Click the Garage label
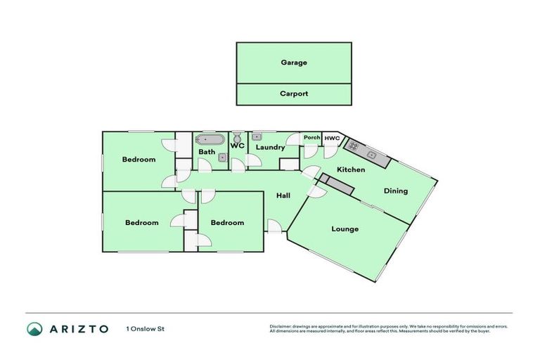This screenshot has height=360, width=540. click(x=294, y=63)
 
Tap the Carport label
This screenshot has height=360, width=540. click(x=294, y=94)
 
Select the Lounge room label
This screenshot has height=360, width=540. click(x=345, y=229)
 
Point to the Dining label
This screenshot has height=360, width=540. click(x=395, y=191)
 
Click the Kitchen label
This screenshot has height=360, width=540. click(x=351, y=170)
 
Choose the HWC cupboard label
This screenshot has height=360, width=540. click(x=332, y=138)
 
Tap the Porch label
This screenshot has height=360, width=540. click(x=311, y=137)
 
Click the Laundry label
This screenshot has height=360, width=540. click(x=270, y=148)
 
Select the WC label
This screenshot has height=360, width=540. click(x=237, y=146)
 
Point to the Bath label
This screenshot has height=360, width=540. click(x=207, y=152)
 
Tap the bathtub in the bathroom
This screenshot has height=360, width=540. click(x=209, y=139)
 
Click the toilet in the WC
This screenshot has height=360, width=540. click(x=238, y=136)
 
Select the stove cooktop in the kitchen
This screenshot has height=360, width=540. click(x=353, y=147)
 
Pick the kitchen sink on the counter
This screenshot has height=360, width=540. click(x=373, y=155)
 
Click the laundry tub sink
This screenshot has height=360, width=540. click(x=257, y=136)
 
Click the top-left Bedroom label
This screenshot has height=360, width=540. click(x=139, y=160)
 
